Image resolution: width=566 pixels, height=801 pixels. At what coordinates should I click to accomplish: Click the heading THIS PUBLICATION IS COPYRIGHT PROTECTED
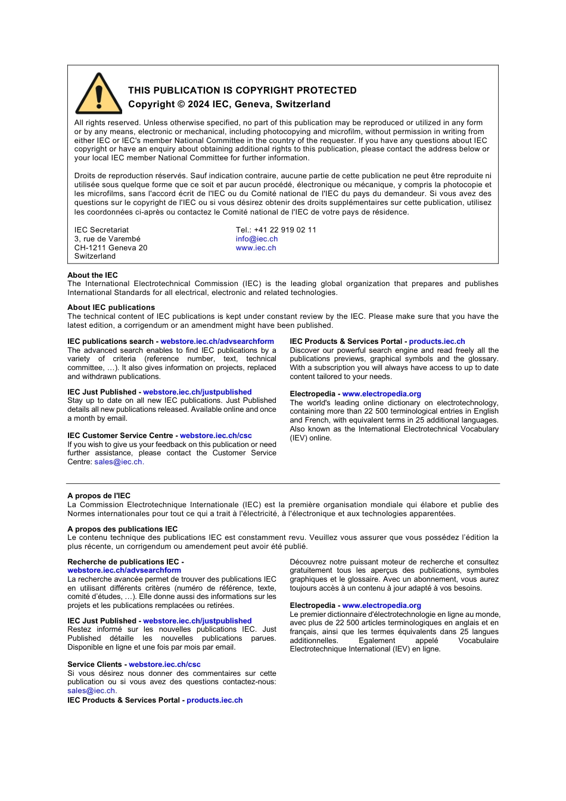tap(242, 91)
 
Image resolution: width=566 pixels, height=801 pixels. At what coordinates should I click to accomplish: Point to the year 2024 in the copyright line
tap(198, 104)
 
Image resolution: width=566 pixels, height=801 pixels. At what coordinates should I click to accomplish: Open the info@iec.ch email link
tap(256, 239)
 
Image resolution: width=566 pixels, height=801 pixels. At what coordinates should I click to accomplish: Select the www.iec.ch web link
tap(256, 248)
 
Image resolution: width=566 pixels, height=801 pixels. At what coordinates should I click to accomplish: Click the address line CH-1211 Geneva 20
tap(110, 248)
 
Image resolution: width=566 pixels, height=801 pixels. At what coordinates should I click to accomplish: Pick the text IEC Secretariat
tap(101, 230)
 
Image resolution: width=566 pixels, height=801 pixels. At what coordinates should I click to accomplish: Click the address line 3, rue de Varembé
tap(107, 239)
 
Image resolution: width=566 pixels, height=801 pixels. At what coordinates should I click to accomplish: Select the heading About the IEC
tap(92, 275)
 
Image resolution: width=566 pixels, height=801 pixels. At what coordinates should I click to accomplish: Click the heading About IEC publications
tap(111, 308)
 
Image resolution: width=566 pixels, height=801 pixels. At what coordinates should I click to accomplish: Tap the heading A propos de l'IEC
tap(99, 496)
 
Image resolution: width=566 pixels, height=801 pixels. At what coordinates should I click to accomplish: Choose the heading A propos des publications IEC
tap(122, 529)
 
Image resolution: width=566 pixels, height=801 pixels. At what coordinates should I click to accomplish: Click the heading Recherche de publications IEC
tap(123, 562)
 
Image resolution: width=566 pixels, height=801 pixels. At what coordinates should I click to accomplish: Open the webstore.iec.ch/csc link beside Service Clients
tap(164, 665)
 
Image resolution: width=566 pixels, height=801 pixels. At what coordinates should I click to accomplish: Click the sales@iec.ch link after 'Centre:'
tap(118, 462)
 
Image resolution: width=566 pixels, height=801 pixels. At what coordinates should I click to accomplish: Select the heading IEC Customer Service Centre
tap(120, 436)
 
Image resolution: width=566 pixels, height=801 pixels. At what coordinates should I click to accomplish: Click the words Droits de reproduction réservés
tap(130, 176)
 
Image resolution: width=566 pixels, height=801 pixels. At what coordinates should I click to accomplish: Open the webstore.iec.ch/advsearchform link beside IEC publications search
tap(217, 341)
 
